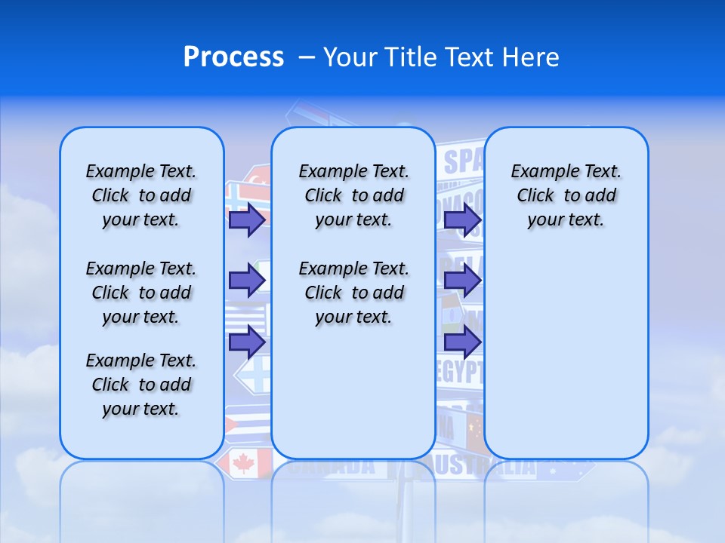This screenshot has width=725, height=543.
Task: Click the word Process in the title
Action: click(x=233, y=57)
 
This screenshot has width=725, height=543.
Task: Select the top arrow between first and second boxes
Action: click(x=247, y=219)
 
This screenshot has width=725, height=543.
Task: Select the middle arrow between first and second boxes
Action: click(x=247, y=281)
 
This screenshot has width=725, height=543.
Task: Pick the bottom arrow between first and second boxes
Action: click(x=247, y=342)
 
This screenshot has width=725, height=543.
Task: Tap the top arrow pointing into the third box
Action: click(x=462, y=219)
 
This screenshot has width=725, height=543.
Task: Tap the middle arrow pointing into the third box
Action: click(x=462, y=281)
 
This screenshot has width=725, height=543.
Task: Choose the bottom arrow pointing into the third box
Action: click(x=462, y=342)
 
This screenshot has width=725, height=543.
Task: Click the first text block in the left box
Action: click(x=141, y=195)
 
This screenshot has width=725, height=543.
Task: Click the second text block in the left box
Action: click(x=141, y=293)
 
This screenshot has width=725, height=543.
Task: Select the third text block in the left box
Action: click(x=141, y=385)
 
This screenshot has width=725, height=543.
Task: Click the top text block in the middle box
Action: click(x=353, y=195)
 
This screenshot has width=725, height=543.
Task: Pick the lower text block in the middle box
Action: click(x=353, y=293)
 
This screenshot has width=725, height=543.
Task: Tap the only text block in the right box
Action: click(x=566, y=195)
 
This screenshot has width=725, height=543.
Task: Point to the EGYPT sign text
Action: click(x=460, y=370)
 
